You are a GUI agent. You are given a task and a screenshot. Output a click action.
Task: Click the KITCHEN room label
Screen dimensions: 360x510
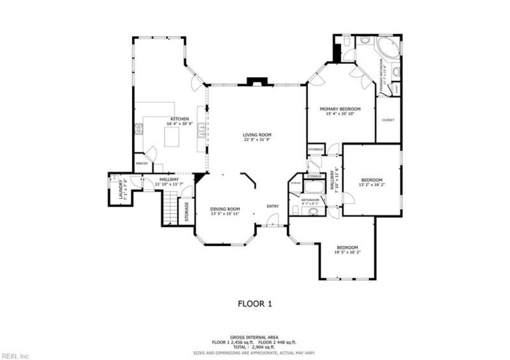click(x=179, y=119)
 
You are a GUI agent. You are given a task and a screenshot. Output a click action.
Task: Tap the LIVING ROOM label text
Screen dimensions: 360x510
click(x=257, y=134)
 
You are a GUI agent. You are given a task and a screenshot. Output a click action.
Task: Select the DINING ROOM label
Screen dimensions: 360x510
click(x=225, y=209)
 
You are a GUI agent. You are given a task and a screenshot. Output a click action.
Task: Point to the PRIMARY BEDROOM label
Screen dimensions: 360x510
click(x=340, y=109)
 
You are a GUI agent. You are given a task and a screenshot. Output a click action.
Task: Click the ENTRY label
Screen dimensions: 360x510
click(x=273, y=206)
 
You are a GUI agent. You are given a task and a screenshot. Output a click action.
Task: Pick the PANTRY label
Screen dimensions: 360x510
click(x=142, y=163)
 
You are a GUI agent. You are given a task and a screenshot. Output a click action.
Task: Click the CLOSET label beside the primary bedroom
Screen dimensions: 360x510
click(x=388, y=120)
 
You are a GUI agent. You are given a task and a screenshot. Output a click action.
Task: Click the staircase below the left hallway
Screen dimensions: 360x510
click(x=169, y=209)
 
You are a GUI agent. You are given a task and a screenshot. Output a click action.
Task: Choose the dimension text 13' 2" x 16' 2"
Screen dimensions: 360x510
click(x=372, y=185)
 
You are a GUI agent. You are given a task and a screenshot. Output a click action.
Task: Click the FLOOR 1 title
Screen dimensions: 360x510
click(x=255, y=304)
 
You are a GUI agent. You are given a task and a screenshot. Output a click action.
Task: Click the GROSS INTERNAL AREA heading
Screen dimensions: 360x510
click(x=255, y=337)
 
